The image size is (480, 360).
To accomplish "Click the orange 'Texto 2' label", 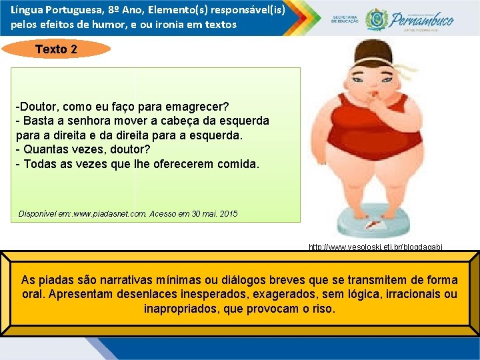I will click(56, 49).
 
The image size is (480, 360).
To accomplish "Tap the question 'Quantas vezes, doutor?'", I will click(78, 149).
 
